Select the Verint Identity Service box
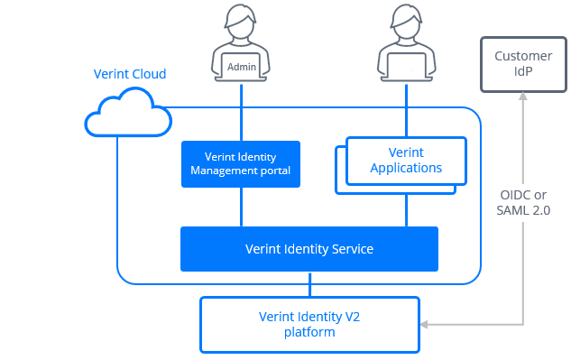309,248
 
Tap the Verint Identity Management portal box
240,163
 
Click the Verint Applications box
406,160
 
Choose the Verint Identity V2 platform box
309,324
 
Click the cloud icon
127,113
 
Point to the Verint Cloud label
130,74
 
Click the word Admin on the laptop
242,67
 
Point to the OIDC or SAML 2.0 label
524,202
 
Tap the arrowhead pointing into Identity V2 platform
427,324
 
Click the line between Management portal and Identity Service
241,207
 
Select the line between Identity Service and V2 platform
309,284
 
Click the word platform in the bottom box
309,332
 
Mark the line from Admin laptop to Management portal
241,113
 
